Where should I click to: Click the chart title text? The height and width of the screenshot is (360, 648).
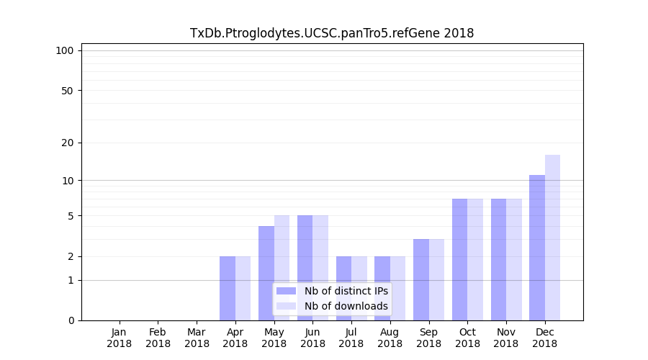pyautogui.click(x=332, y=33)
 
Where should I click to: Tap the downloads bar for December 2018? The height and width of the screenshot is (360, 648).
pyautogui.click(x=552, y=238)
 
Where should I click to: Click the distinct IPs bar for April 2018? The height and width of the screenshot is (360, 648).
pyautogui.click(x=228, y=288)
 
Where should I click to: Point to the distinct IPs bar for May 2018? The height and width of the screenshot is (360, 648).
pyautogui.click(x=266, y=273)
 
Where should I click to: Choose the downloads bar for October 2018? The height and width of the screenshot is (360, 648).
pyautogui.click(x=475, y=259)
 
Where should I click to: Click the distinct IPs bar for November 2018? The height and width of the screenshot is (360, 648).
pyautogui.click(x=498, y=259)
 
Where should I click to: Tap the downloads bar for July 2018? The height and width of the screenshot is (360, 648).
pyautogui.click(x=359, y=288)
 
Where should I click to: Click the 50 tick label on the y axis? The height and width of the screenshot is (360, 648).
pyautogui.click(x=67, y=91)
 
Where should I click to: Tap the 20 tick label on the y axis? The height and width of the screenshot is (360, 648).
pyautogui.click(x=67, y=143)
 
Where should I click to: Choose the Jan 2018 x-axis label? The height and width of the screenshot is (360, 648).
pyautogui.click(x=120, y=338)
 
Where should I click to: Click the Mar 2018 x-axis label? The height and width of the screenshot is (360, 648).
pyautogui.click(x=197, y=338)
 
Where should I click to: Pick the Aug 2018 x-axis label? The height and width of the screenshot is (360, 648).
pyautogui.click(x=390, y=338)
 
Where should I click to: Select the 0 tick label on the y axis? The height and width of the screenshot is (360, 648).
pyautogui.click(x=71, y=320)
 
